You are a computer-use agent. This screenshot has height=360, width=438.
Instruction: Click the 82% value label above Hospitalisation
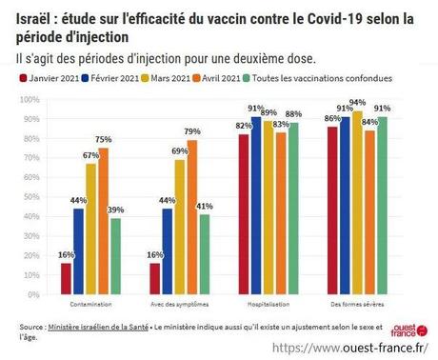[x=243, y=126]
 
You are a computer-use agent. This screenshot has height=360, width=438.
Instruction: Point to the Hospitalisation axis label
[x=269, y=304]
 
